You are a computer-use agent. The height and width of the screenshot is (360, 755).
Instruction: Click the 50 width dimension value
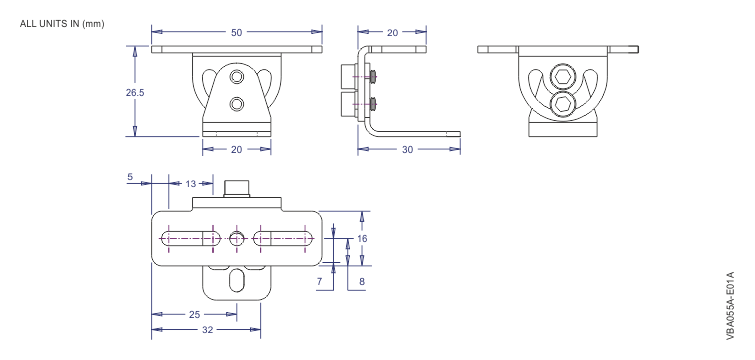point(236,32)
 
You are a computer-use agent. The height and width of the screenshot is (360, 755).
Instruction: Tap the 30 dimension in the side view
point(409,150)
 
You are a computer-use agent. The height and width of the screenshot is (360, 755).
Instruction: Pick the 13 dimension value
point(189,183)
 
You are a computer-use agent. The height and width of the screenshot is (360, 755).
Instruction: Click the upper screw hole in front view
point(237,77)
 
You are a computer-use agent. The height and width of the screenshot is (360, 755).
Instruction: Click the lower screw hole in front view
point(237,103)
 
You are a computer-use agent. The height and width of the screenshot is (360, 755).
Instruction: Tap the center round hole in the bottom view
point(237,238)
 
